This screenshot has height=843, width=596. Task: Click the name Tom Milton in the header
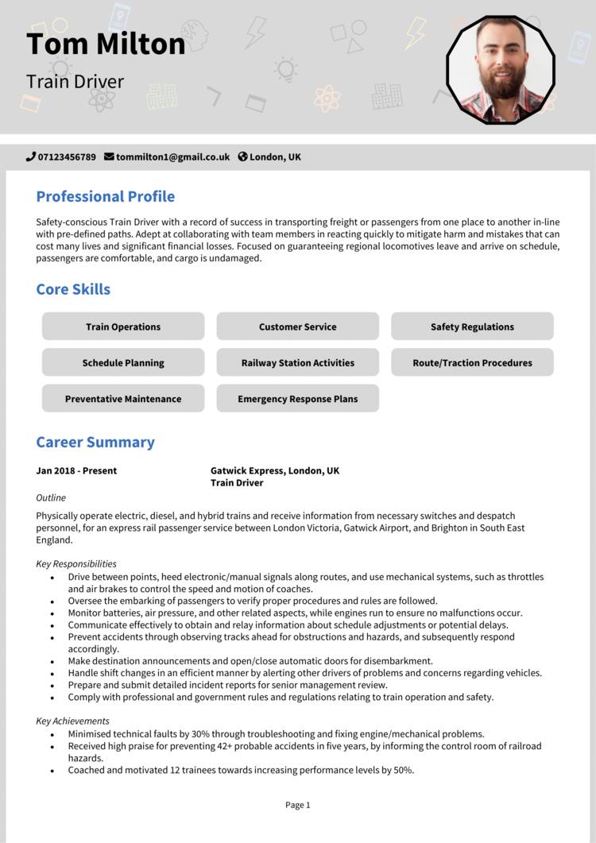pyautogui.click(x=106, y=44)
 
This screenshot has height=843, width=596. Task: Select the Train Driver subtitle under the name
pyautogui.click(x=75, y=82)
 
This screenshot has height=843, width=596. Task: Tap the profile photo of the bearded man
pyautogui.click(x=500, y=70)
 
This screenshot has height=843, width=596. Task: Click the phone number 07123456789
pyautogui.click(x=67, y=157)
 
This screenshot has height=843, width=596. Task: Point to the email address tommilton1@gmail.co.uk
pyautogui.click(x=172, y=157)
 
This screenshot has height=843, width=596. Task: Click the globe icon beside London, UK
pyautogui.click(x=243, y=157)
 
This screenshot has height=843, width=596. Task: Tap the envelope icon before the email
pyautogui.click(x=109, y=157)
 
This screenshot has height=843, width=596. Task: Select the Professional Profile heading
pyautogui.click(x=105, y=196)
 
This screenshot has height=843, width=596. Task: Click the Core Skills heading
pyautogui.click(x=73, y=289)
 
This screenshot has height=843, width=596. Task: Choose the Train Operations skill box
pyautogui.click(x=123, y=327)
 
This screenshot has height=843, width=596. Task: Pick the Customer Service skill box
pyautogui.click(x=297, y=327)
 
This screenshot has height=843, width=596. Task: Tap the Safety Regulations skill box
pyautogui.click(x=472, y=327)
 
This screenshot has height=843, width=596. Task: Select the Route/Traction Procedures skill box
pyautogui.click(x=472, y=362)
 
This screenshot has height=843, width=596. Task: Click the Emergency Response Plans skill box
pyautogui.click(x=297, y=399)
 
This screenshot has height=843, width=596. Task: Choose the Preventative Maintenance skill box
pyautogui.click(x=123, y=399)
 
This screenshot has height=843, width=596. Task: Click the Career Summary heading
pyautogui.click(x=95, y=443)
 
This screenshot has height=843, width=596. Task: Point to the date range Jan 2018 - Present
pyautogui.click(x=76, y=470)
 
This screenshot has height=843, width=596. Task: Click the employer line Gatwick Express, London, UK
pyautogui.click(x=274, y=470)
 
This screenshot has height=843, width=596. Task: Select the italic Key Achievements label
pyautogui.click(x=72, y=721)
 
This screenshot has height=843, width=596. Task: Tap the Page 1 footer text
pyautogui.click(x=297, y=805)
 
